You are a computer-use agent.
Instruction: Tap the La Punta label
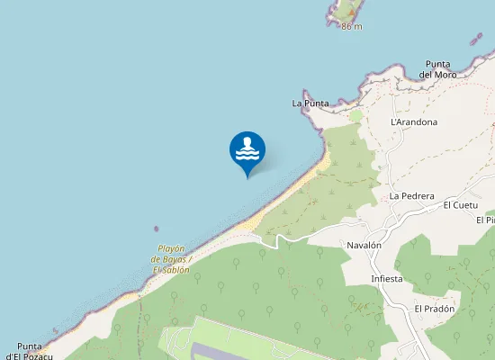pos(310,103)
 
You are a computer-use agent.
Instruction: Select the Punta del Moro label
pos(438,68)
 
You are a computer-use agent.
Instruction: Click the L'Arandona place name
pos(414,121)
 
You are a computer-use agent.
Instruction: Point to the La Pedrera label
pos(412,195)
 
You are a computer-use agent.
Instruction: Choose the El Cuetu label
pos(460,205)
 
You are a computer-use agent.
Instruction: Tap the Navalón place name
pos(364,245)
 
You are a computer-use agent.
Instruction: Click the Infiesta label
pos(387,279)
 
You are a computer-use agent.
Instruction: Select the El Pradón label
pos(435,309)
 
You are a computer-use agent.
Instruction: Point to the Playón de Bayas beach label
pos(171,259)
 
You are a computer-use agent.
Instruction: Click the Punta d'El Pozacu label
pos(36,351)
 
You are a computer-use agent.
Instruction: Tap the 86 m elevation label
pos(352,26)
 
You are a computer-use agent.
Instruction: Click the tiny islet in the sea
pos(157,229)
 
